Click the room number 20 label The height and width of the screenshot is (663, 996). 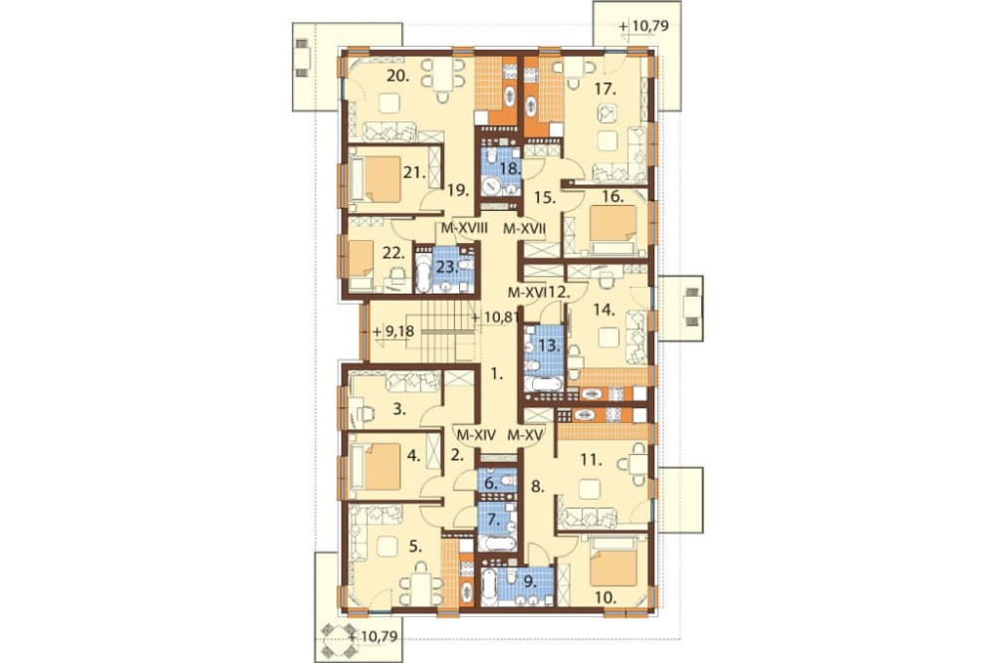pyautogui.click(x=397, y=77)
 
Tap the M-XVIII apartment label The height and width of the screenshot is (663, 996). pyautogui.click(x=464, y=229)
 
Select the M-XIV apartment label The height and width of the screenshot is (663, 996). pyautogui.click(x=476, y=436)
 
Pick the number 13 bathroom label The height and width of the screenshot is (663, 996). pyautogui.click(x=549, y=346)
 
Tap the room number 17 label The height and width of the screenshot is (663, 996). pyautogui.click(x=606, y=90)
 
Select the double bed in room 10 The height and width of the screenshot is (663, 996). pyautogui.click(x=613, y=563)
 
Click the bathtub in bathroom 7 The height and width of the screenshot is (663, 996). pyautogui.click(x=497, y=543)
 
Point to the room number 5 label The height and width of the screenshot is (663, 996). pyautogui.click(x=416, y=547)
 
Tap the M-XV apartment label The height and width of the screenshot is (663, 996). pyautogui.click(x=526, y=436)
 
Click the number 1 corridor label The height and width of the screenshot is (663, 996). pyautogui.click(x=497, y=374)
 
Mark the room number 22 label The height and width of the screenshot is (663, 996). pyautogui.click(x=393, y=253)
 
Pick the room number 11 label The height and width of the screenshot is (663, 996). pyautogui.click(x=591, y=460)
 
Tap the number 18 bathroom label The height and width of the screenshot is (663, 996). pyautogui.click(x=510, y=169)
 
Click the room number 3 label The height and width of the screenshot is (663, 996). pyautogui.click(x=398, y=409)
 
